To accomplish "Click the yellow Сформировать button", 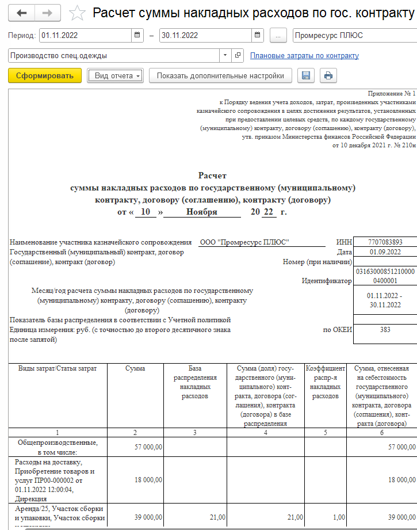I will pyautogui.click(x=45, y=75).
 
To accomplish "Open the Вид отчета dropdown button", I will pyautogui.click(x=115, y=75).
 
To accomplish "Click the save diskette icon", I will pyautogui.click(x=307, y=75).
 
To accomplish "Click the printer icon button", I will pyautogui.click(x=328, y=75).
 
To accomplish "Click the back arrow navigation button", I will pyautogui.click(x=22, y=13).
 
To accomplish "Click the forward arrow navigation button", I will pyautogui.click(x=48, y=13).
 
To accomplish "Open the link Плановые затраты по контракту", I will pyautogui.click(x=304, y=56).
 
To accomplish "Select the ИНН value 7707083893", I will pyautogui.click(x=385, y=242).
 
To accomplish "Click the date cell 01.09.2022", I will pyautogui.click(x=385, y=252).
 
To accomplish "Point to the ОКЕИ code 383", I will pyautogui.click(x=385, y=330).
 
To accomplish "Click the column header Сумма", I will pyautogui.click(x=135, y=368).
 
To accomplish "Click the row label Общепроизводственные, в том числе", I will pyautogui.click(x=58, y=447).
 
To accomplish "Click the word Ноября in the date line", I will pyautogui.click(x=202, y=212).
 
